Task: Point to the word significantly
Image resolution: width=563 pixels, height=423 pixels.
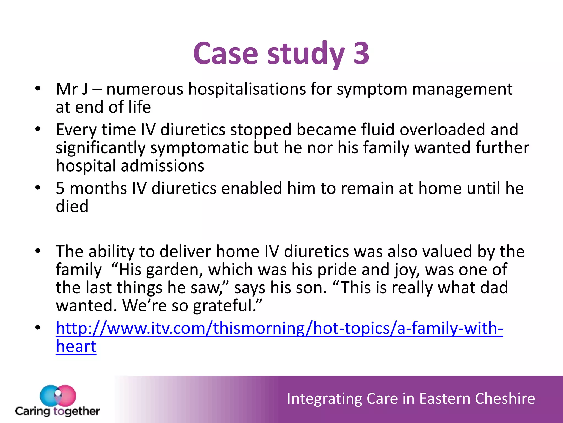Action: tap(100, 148)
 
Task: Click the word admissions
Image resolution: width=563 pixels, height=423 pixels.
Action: tap(162, 166)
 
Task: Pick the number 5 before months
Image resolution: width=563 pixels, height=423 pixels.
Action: tap(60, 188)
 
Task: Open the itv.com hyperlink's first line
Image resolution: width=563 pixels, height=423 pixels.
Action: tap(279, 328)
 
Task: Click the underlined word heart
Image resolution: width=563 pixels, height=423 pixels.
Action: tap(76, 346)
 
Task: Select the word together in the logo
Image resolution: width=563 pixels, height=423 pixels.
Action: tap(77, 411)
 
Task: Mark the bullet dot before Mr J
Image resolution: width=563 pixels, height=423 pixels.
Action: tap(38, 89)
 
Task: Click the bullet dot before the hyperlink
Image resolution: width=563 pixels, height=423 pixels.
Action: tap(38, 328)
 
